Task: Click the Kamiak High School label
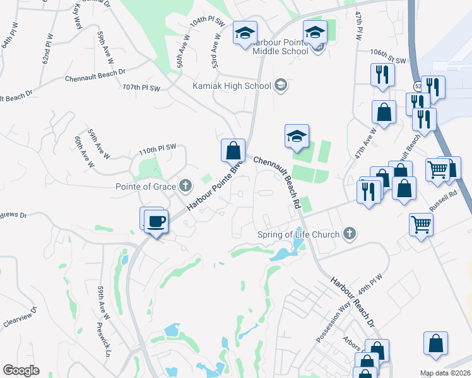(x=232, y=85)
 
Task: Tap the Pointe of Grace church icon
(x=185, y=186)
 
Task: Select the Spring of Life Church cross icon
(x=350, y=235)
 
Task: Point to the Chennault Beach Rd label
(x=276, y=183)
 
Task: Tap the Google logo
(x=21, y=370)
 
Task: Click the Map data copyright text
(x=445, y=373)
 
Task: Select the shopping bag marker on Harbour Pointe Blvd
(x=233, y=151)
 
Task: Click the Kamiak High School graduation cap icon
(x=281, y=85)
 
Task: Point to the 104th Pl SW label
(x=208, y=21)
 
